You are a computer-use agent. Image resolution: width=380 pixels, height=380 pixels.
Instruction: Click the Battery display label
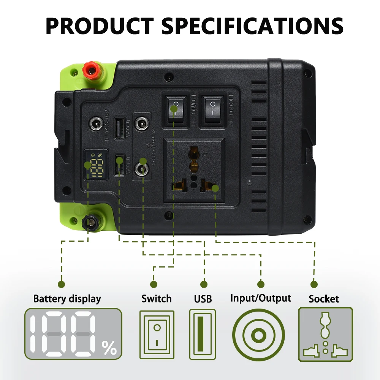(67, 299)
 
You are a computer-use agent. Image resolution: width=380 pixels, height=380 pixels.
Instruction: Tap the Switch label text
(157, 299)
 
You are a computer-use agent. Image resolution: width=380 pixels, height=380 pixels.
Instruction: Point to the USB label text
(203, 299)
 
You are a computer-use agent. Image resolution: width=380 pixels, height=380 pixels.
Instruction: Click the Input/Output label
(261, 298)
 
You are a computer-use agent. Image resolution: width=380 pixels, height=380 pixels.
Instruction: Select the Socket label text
(324, 299)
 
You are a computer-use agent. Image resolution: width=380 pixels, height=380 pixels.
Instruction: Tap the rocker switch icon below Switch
(157, 334)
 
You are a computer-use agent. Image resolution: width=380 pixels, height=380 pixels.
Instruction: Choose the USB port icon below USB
(203, 334)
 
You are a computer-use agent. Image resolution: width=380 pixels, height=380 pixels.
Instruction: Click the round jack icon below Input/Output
(258, 335)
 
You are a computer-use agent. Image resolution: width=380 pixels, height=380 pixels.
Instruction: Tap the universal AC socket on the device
(194, 170)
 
